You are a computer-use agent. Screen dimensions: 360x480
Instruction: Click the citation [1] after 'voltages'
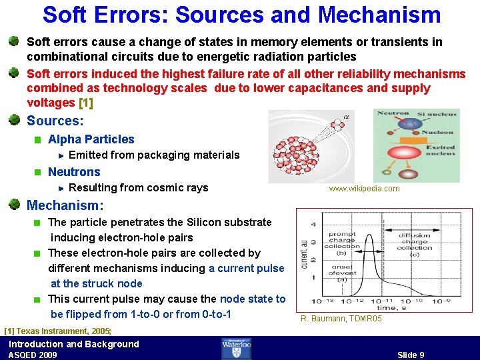[x=86, y=103]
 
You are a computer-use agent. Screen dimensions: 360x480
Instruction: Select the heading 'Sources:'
[x=55, y=121]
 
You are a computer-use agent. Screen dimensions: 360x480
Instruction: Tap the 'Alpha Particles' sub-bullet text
[x=91, y=139]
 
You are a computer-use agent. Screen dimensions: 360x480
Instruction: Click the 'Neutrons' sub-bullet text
[x=74, y=172]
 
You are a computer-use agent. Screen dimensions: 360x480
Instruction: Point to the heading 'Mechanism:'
[x=65, y=206]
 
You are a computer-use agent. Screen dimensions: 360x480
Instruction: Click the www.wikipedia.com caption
[x=364, y=189]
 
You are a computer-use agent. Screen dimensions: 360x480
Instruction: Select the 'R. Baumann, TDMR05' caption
[x=341, y=319]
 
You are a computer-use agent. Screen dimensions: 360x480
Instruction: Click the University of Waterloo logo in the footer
[x=237, y=348]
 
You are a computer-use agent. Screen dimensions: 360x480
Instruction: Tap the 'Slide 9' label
[x=411, y=355]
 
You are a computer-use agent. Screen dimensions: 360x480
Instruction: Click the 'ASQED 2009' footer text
[x=33, y=355]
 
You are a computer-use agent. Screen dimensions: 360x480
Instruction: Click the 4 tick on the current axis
[x=313, y=224]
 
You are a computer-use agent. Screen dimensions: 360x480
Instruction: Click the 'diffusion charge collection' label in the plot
[x=413, y=242]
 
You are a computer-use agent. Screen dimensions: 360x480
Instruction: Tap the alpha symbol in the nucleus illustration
[x=345, y=118]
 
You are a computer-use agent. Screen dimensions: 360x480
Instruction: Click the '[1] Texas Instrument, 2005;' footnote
[x=57, y=331]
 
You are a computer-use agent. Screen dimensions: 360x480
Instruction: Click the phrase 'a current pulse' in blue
[x=246, y=268]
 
